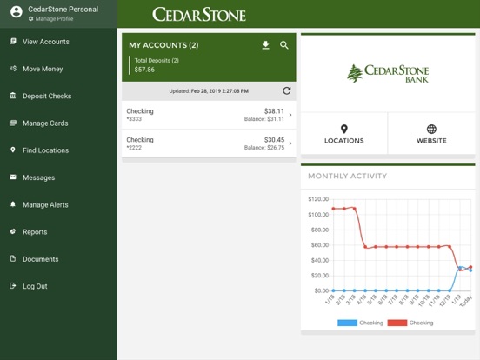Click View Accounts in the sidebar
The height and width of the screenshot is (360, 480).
(45, 42)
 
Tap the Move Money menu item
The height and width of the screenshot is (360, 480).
(43, 69)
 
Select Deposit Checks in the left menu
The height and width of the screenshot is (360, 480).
(47, 96)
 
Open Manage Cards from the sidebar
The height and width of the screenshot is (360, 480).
(45, 123)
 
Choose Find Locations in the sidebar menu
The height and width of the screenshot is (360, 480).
(45, 150)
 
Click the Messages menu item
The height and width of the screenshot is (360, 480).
(38, 177)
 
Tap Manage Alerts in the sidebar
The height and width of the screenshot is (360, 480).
(45, 205)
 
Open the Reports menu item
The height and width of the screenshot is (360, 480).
(35, 232)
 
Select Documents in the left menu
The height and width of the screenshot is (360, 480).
(40, 259)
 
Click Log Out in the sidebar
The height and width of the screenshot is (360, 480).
(35, 286)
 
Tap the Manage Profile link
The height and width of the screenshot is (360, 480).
(54, 18)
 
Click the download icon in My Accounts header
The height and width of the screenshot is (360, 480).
(266, 45)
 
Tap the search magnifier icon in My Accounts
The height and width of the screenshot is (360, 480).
(284, 45)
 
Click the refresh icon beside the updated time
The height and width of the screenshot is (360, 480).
(287, 90)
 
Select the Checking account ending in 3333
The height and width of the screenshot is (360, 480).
(209, 116)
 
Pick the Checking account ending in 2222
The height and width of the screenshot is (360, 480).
(209, 143)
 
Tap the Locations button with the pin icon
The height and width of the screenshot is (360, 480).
(343, 134)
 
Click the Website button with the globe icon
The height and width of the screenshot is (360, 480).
(431, 134)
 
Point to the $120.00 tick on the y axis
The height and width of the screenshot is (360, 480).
(317, 199)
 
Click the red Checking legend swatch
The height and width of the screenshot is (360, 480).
(397, 323)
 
